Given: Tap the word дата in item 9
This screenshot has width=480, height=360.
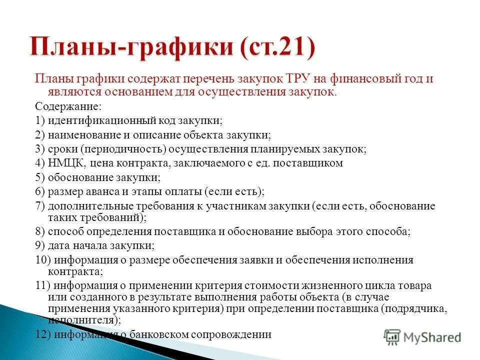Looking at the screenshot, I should click(x=59, y=245).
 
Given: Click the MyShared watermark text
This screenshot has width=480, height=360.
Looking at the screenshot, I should click(x=432, y=337).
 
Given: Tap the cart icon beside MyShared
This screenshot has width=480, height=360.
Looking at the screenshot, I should click(x=392, y=336).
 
